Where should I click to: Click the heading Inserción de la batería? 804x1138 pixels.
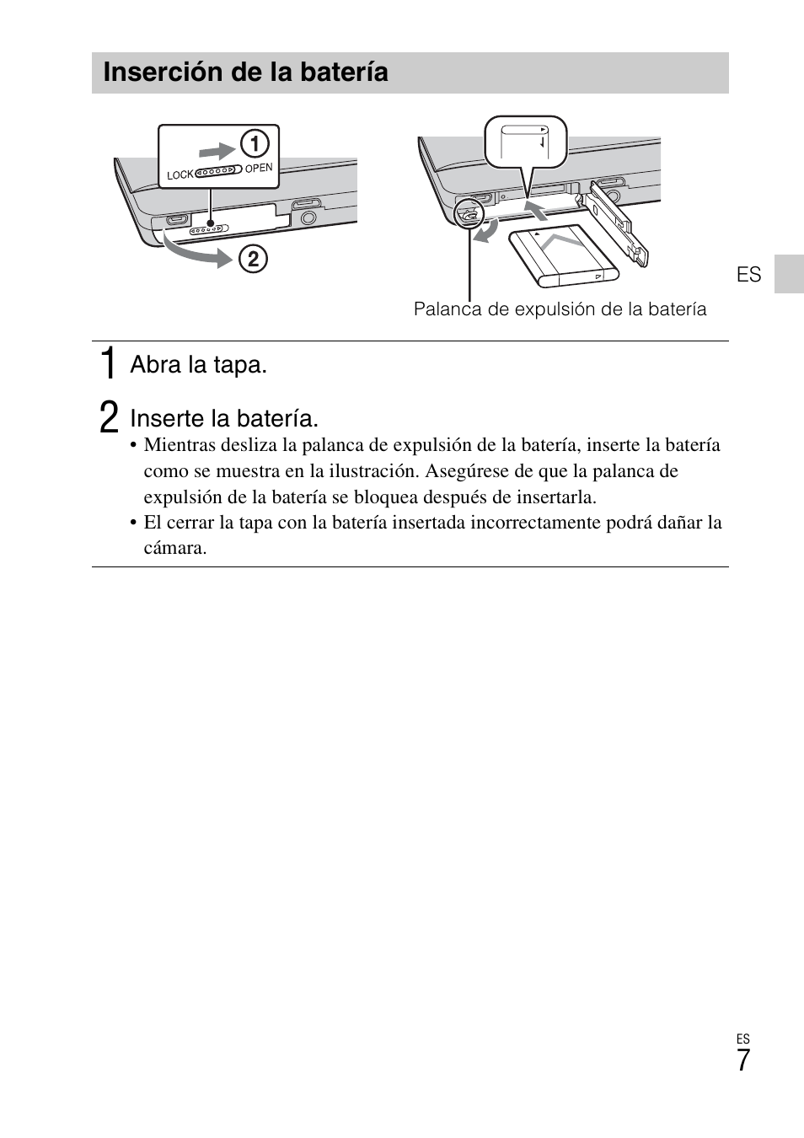pos(245,72)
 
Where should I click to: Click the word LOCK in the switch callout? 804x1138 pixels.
pos(180,175)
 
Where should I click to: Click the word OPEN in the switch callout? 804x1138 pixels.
pos(259,168)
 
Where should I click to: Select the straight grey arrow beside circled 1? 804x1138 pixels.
pos(217,150)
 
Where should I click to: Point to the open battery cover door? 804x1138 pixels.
pos(619,223)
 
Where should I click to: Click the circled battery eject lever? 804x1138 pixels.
pos(466,215)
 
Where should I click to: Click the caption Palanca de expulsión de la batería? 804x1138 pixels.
pos(560,309)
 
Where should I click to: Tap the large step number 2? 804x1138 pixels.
pos(107,417)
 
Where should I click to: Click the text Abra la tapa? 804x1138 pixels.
pos(198,365)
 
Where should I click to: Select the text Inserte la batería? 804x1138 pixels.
pos(224,418)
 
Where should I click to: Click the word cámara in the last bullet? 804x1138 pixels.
pos(174,548)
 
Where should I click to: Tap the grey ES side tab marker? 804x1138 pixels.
pos(789,273)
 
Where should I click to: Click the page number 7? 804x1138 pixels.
pos(742,1060)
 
